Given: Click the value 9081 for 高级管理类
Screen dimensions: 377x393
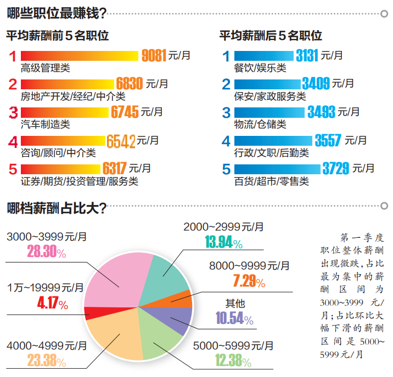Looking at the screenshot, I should click(154, 55).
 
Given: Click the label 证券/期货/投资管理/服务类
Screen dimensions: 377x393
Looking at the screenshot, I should click(79, 181).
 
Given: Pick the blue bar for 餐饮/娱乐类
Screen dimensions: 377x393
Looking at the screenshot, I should click(264, 55).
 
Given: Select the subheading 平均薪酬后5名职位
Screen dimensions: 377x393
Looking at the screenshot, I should click(271, 36).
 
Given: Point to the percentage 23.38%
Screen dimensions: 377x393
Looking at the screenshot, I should click(47, 361).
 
